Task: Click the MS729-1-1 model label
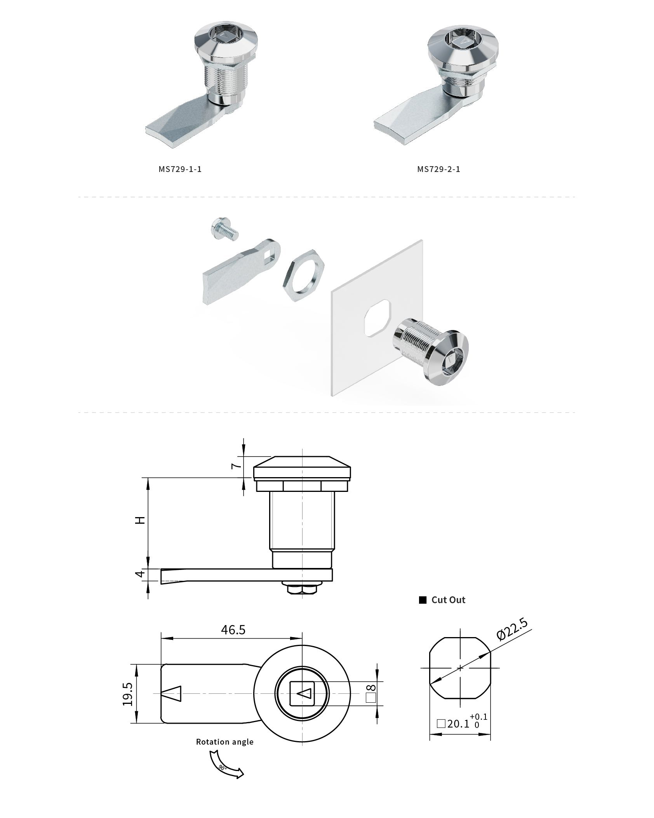point(180,169)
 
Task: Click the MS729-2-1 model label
point(439,169)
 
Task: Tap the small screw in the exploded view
point(224,229)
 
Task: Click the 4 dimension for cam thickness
point(141,573)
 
